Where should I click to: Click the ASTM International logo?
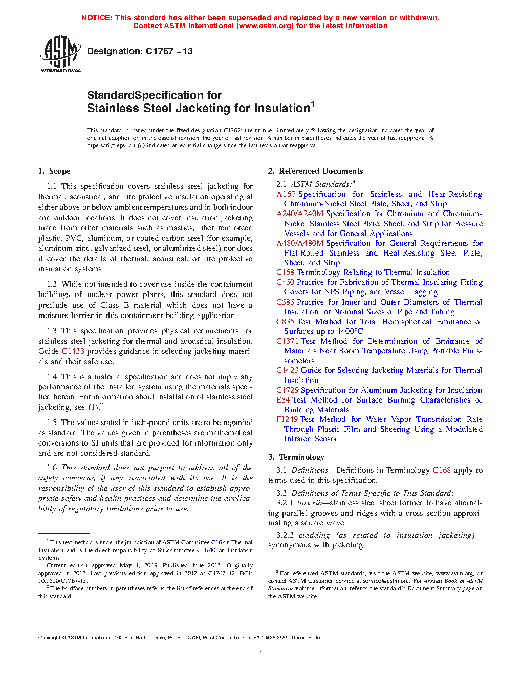[x=60, y=54]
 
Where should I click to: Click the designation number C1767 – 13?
[x=169, y=51]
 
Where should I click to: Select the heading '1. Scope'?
[x=54, y=171]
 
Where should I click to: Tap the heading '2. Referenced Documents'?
[x=316, y=171]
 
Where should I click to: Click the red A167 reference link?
[x=286, y=194]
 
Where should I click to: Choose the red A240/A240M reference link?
[x=300, y=214]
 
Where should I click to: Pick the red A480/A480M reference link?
[x=300, y=243]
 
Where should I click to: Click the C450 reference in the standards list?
[x=286, y=282]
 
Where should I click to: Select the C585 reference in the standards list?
[x=286, y=302]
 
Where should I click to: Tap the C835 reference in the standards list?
[x=286, y=322]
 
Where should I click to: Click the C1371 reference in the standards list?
[x=288, y=341]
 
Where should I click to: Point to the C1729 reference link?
[x=288, y=390]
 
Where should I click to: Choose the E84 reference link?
[x=283, y=400]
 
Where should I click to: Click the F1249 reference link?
[x=288, y=419]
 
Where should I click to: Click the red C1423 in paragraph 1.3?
[x=73, y=351]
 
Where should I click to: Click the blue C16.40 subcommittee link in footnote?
[x=206, y=550]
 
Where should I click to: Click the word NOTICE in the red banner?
[x=97, y=18]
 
